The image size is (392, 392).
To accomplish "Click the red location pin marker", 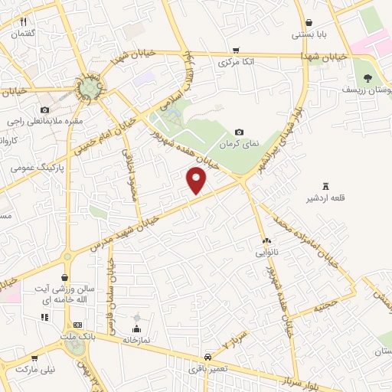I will coord(197,180).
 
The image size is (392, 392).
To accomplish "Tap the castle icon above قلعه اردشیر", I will coord(326,187).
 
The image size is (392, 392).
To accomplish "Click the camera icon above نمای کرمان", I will coord(239,132).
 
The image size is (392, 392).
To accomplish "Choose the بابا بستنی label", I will coord(309,34).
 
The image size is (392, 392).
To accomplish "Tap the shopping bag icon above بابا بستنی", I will coord(308,22).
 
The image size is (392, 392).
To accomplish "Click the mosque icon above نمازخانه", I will coord(138,318).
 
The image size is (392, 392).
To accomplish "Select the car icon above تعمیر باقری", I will coord(208,357).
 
